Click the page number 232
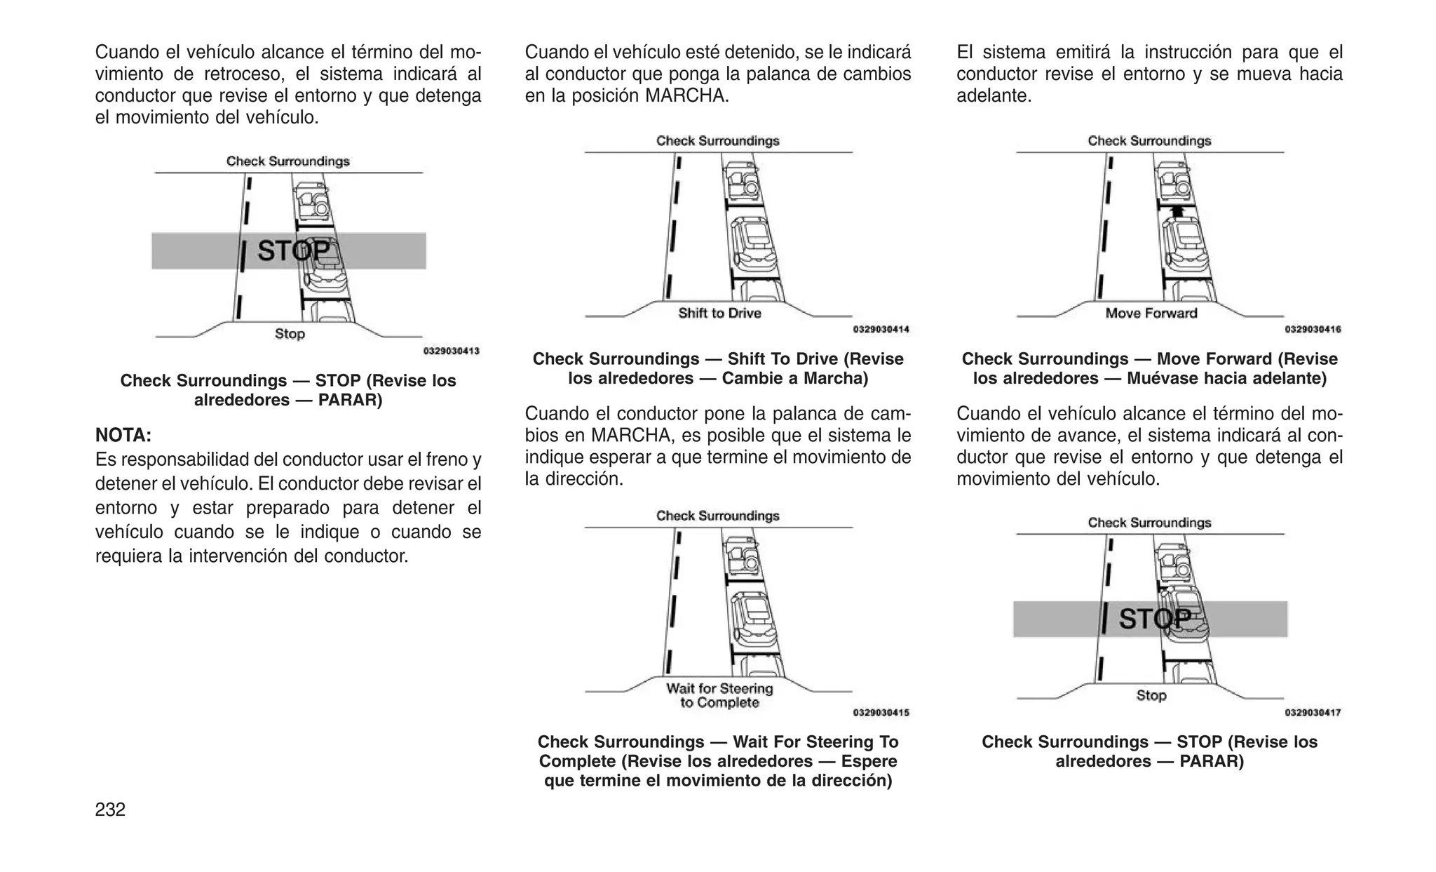[x=110, y=810]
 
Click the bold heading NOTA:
[x=123, y=436]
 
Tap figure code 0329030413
[x=451, y=351]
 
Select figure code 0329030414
[x=881, y=330]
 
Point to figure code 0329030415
[x=881, y=713]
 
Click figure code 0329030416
[x=1313, y=330]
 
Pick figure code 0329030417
[x=1313, y=713]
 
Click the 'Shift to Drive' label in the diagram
[x=719, y=314]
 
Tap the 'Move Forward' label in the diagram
[x=1151, y=314]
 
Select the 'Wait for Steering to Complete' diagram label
[x=719, y=696]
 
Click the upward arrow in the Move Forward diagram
[x=1177, y=210]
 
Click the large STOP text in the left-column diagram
[x=293, y=251]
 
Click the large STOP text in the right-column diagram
[x=1154, y=619]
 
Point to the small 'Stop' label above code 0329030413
[x=290, y=334]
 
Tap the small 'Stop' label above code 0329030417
[x=1151, y=695]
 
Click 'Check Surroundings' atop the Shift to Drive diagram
[x=717, y=141]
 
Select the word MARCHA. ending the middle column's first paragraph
[x=686, y=96]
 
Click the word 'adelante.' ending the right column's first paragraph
[x=994, y=96]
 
